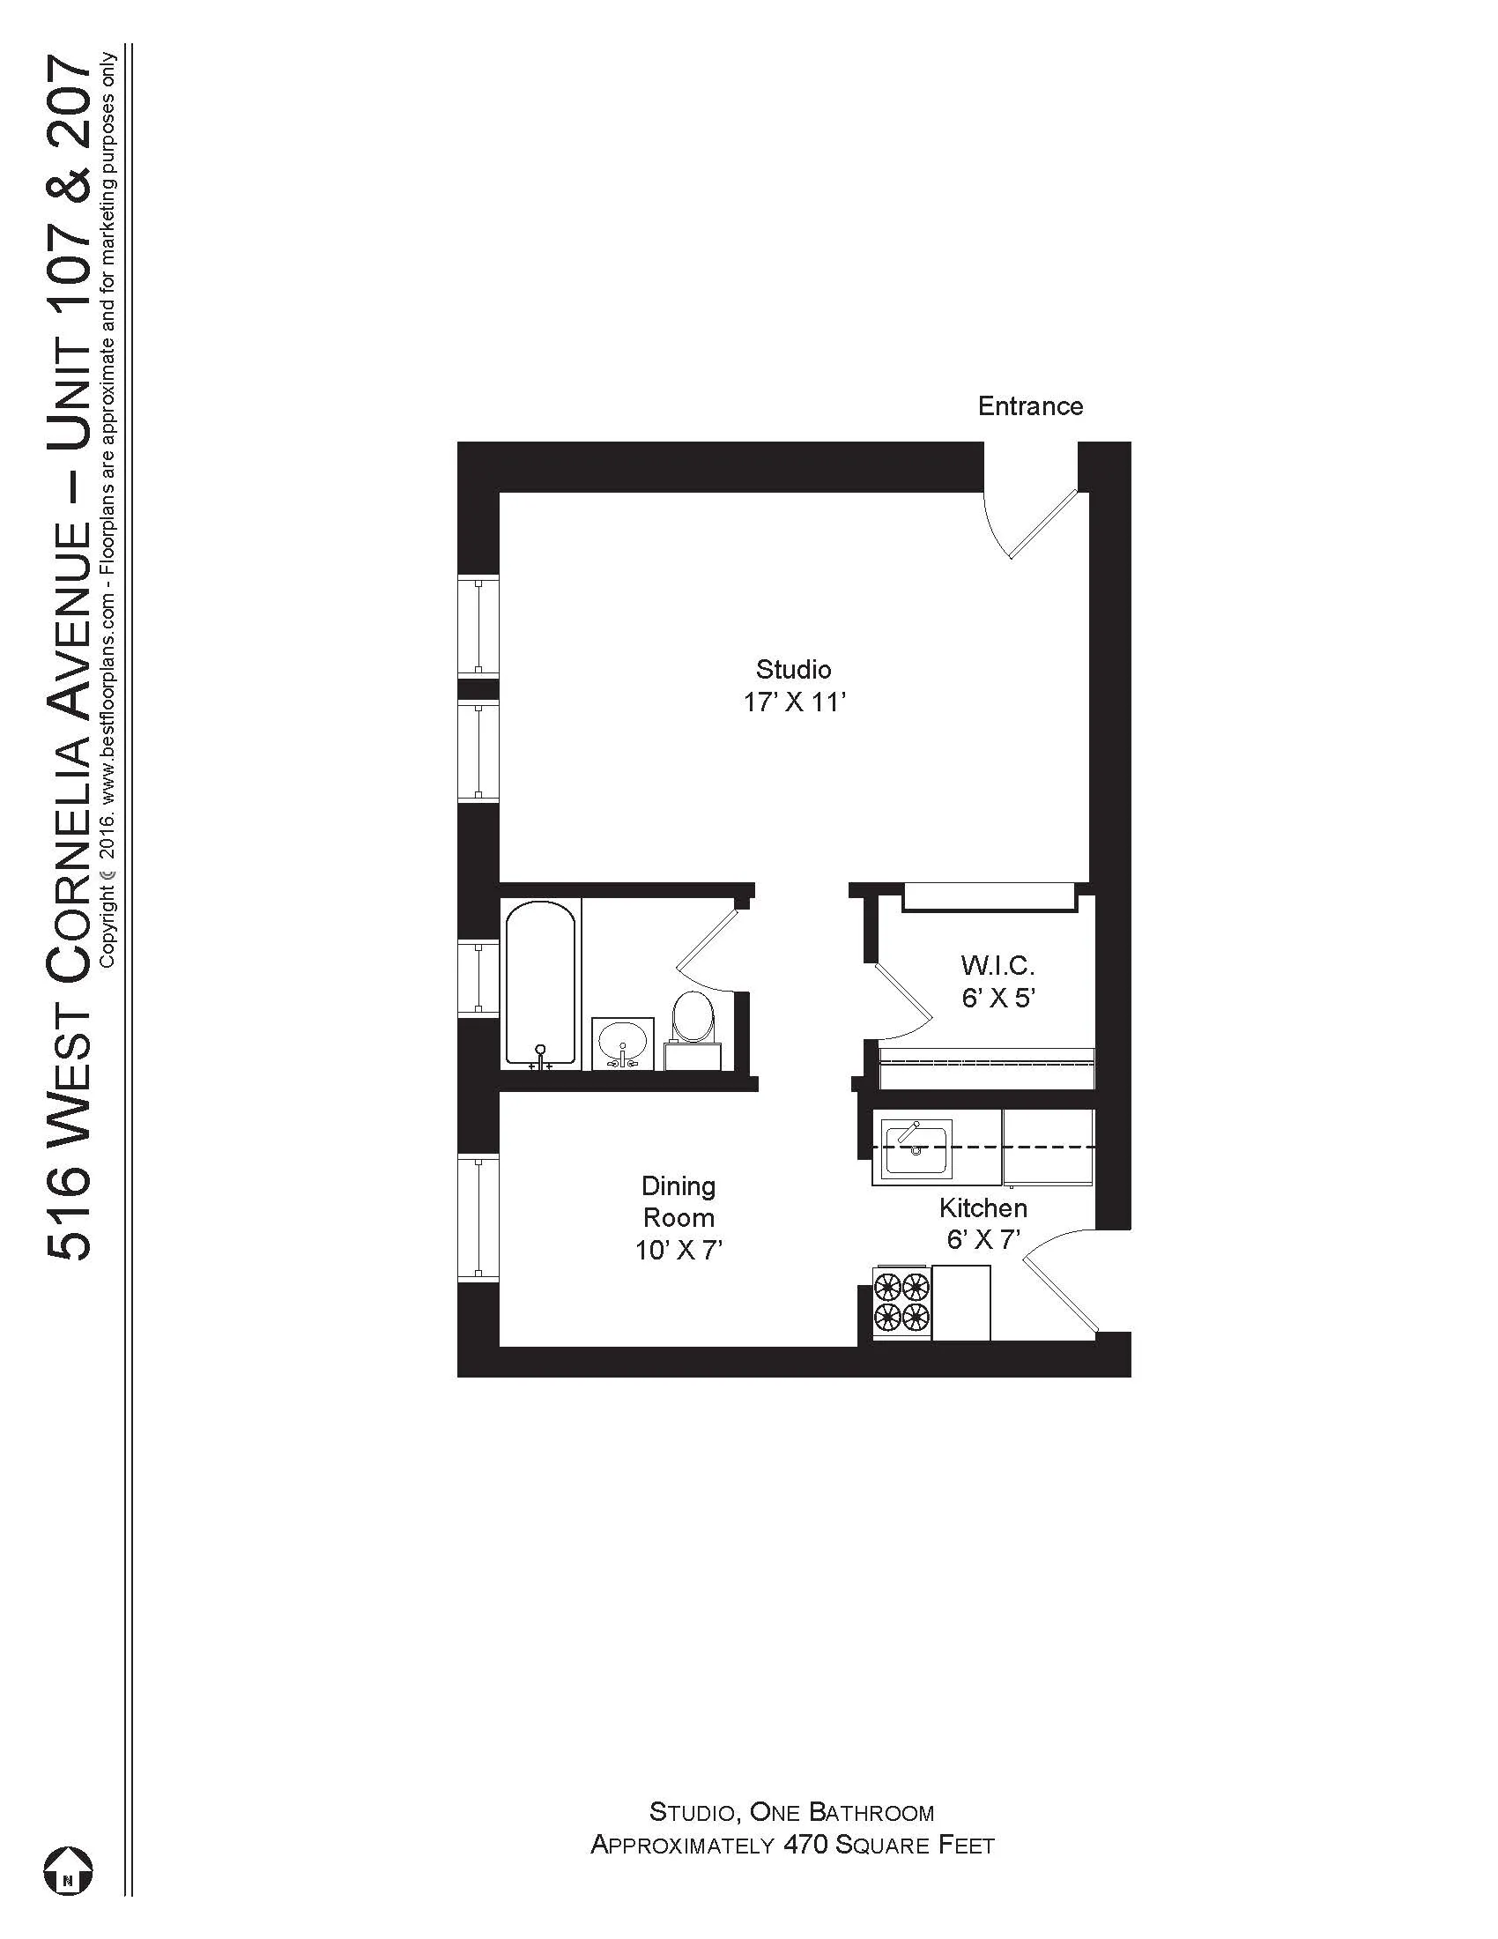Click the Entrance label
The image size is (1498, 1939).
coord(1029,406)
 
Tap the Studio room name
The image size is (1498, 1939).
coord(792,669)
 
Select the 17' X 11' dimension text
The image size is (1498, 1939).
coord(794,702)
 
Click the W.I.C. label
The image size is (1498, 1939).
coord(997,964)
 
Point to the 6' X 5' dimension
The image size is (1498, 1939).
coord(999,998)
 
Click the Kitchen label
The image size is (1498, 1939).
coord(983,1207)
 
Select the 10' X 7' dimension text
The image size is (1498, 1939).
coord(678,1251)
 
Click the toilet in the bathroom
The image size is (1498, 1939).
coord(693,1024)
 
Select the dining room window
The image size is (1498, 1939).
coord(478,1219)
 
